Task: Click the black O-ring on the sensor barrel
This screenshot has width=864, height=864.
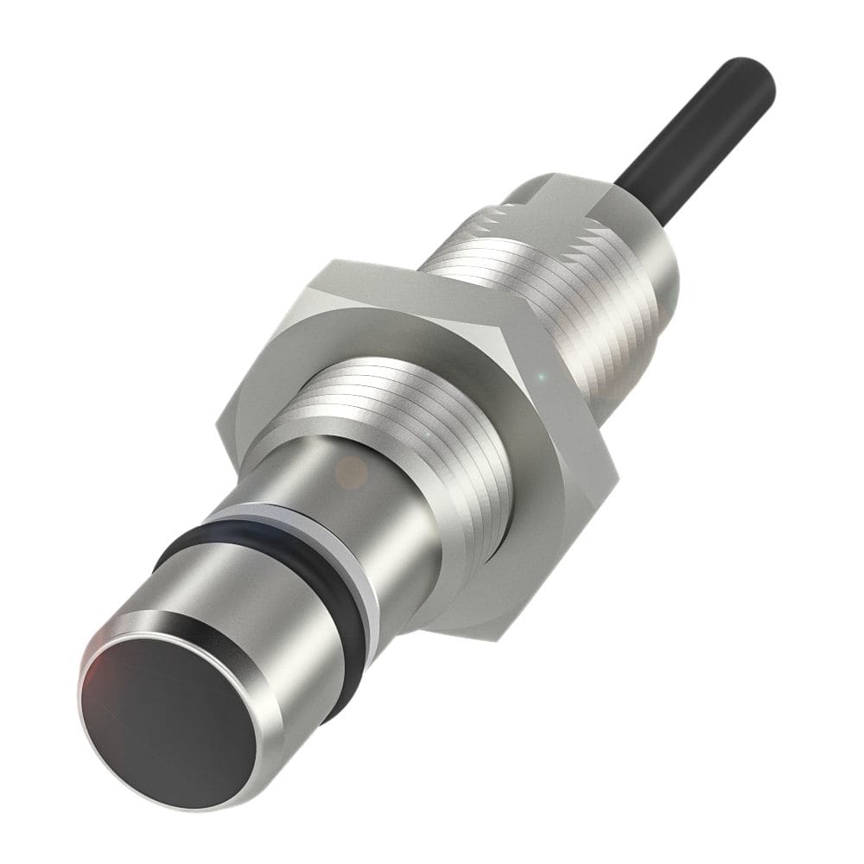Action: pyautogui.click(x=259, y=553)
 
